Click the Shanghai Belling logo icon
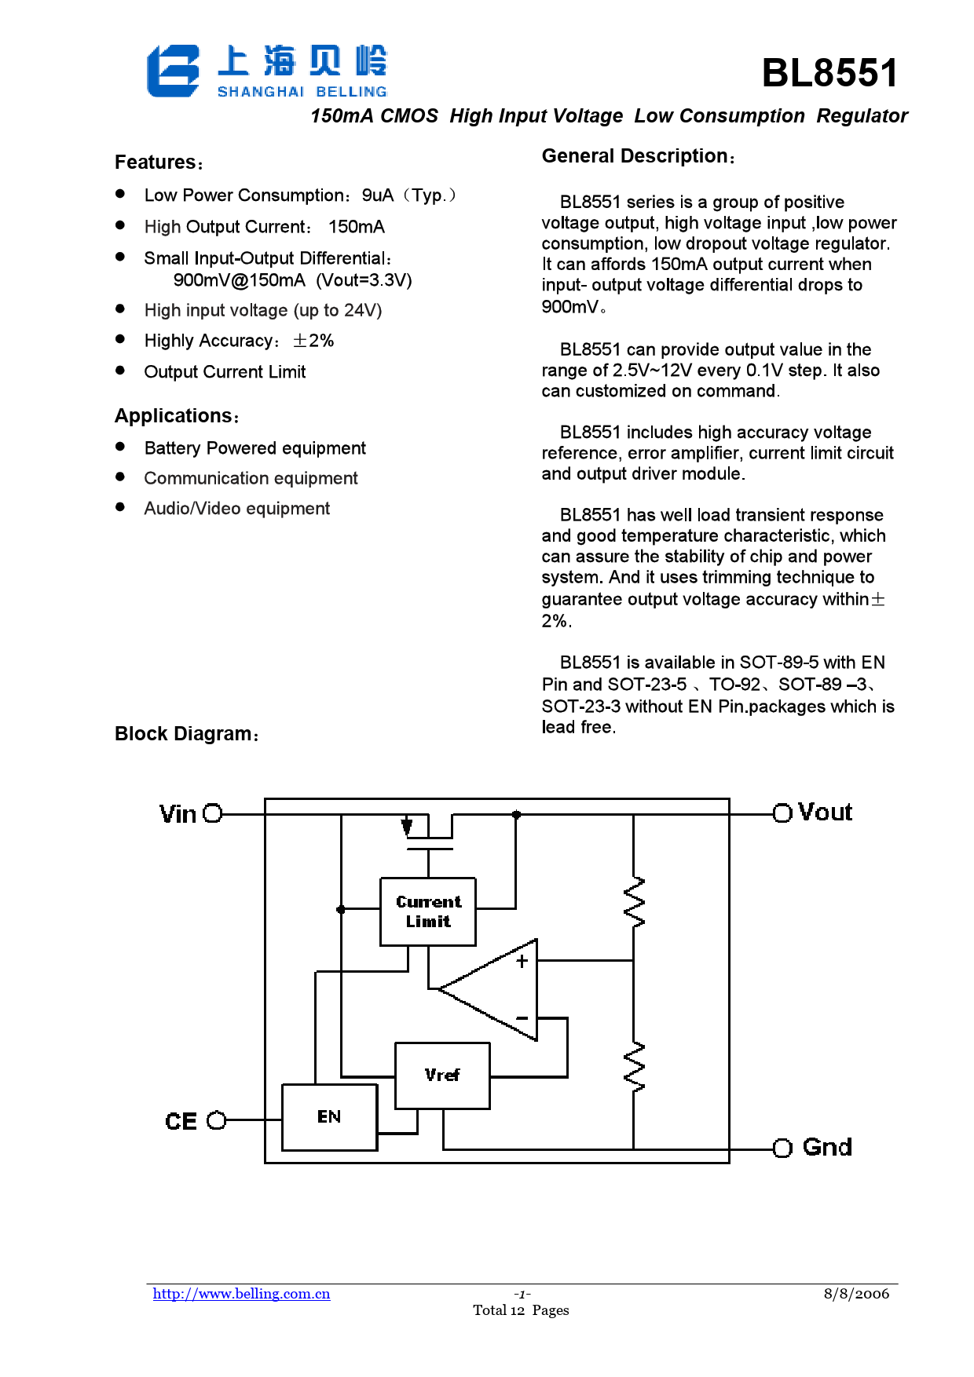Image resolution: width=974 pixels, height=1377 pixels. pos(173,71)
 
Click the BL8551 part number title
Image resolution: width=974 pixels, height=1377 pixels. pos(829,73)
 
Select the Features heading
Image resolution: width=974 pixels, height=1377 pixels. pos(159,163)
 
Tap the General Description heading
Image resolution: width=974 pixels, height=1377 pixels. pos(639,156)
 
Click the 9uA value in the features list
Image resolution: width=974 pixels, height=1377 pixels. pos(377,195)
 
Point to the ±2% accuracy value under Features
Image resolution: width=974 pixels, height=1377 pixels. pos(313,341)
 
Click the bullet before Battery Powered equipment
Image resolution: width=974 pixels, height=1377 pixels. pos(120,447)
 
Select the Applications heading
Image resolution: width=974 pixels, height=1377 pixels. pos(177,416)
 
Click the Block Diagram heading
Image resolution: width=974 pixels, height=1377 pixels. pos(187,734)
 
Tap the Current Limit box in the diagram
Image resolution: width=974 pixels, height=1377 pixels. pos(428,911)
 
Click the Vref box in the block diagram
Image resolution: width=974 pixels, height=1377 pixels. pos(442,1076)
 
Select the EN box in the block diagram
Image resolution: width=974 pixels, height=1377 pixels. pos(329,1117)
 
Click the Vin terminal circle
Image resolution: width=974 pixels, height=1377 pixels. pos(213,813)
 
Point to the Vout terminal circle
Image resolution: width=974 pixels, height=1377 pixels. pos(782,813)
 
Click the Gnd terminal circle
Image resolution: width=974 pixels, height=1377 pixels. pos(782,1149)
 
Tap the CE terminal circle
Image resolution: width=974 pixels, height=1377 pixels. pos(216,1120)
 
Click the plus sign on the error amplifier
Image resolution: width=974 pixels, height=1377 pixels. pos(522,961)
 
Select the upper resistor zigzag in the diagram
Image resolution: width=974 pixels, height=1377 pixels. pos(633,902)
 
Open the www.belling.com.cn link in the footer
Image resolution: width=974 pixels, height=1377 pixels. pos(241,1294)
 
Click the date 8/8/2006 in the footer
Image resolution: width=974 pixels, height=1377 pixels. pos(856,1294)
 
